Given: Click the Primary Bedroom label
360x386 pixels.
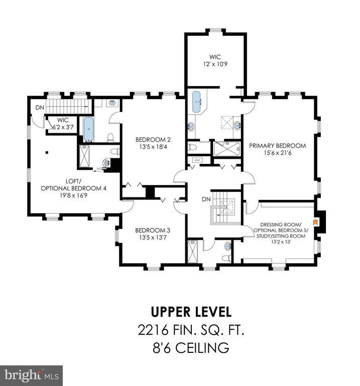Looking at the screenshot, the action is pos(277,145).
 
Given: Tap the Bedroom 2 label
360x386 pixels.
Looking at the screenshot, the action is pos(153,140).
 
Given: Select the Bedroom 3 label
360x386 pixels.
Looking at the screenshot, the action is pos(153,230).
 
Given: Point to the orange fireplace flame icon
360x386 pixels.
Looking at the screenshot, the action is pos(314,222).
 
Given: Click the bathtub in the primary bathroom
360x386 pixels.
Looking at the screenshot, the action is pos(196,102).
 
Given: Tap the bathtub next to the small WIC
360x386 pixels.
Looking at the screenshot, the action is pos(88,129).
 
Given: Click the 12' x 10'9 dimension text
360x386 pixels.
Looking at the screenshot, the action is pos(215,64).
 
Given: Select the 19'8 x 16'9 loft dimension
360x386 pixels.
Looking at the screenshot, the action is pos(73,196).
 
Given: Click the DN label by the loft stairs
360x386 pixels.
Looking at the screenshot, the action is pos(40,108).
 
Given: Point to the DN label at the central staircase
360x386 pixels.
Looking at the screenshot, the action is pos(206,199).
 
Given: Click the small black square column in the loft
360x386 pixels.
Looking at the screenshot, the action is pos(47,152).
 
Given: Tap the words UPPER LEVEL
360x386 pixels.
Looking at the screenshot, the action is pos(191,312).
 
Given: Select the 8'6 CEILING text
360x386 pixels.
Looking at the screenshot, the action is pos(191,348).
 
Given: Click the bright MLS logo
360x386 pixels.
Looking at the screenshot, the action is pos(31,375).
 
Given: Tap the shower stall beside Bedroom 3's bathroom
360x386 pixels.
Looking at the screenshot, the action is pos(192,252).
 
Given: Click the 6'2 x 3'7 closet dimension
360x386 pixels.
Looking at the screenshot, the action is pos(63,127).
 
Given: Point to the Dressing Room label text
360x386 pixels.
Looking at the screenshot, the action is pos(281,225).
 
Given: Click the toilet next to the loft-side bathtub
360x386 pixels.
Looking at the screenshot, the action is pos(110,138).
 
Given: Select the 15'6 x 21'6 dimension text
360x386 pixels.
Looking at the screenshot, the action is pos(277,153).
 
